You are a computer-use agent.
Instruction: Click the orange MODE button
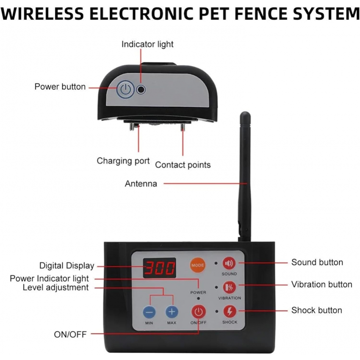pos(197,265)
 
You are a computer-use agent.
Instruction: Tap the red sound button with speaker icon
pos(229,263)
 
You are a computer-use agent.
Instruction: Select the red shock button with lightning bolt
pos(230,311)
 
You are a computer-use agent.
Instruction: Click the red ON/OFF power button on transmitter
pos(199,312)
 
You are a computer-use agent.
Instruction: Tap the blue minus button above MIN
pos(149,312)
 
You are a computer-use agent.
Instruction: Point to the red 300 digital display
pos(160,268)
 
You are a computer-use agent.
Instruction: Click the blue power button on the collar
pos(125,89)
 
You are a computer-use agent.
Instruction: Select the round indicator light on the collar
pos(141,89)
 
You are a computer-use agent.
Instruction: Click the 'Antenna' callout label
pos(141,184)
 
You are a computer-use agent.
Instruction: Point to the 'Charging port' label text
pos(123,161)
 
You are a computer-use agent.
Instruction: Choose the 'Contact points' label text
pos(183,165)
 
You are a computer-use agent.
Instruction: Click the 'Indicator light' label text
pos(147,44)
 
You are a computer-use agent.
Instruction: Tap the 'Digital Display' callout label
pos(67,266)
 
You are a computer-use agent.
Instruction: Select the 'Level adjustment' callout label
pos(55,288)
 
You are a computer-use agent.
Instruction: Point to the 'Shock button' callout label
pos(317,310)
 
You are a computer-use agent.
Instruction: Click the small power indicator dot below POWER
pos(198,298)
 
